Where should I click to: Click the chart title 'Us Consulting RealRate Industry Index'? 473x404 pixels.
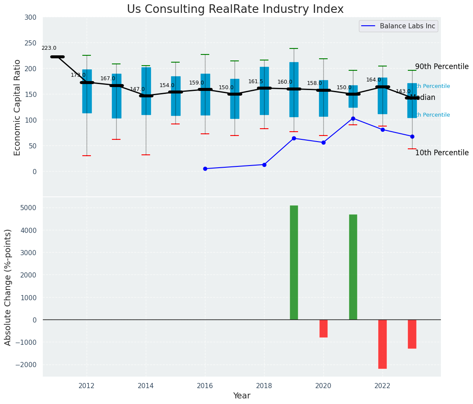point(235,9)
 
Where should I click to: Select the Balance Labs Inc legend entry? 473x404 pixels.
point(398,26)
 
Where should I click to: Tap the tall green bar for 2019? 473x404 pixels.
point(294,262)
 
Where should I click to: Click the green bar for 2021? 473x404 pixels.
point(353,267)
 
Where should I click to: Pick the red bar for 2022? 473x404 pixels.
point(383,344)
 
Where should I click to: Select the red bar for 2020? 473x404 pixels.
point(323,329)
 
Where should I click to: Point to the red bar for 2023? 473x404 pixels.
point(412,334)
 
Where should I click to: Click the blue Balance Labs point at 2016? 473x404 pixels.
point(205,169)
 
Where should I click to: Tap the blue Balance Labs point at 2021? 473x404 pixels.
point(353,118)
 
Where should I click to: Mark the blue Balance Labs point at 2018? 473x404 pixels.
point(264,165)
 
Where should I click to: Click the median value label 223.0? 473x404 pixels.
point(49,48)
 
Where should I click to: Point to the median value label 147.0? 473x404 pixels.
point(137,89)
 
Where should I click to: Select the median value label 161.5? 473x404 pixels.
point(256,81)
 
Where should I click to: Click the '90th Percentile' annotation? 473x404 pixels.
point(442,67)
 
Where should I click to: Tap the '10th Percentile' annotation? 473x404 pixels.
point(442,153)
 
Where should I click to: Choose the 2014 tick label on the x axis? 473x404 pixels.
point(146,386)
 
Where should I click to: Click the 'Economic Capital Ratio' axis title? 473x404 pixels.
point(17,107)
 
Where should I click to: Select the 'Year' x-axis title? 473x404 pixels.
point(241,396)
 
